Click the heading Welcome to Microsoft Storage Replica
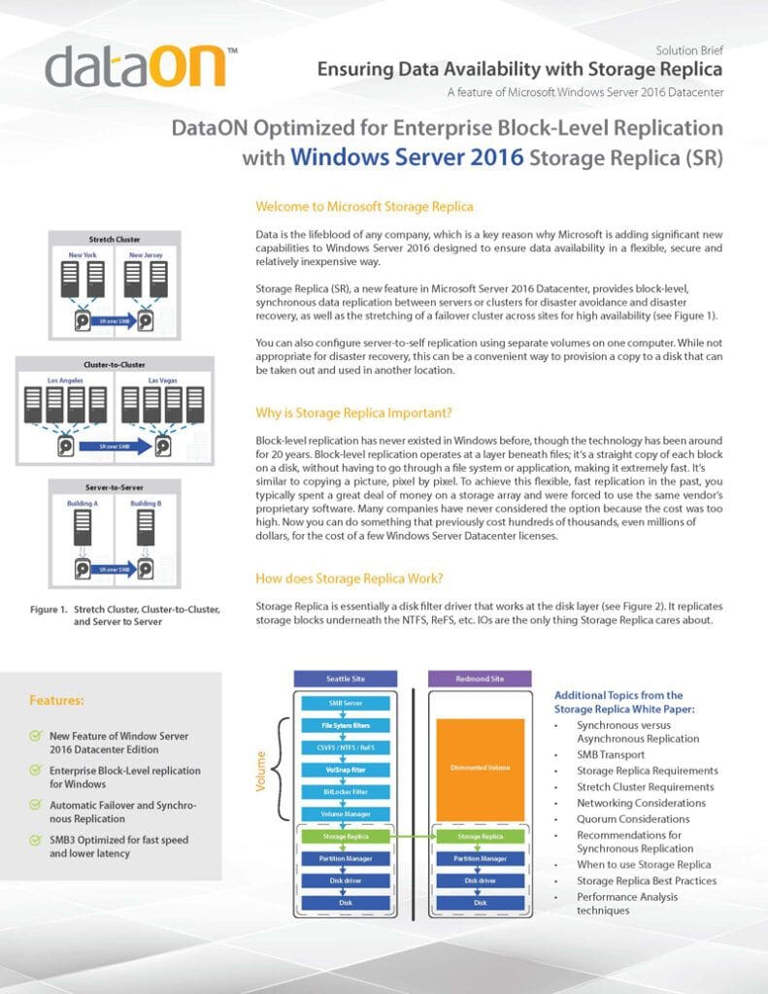(364, 207)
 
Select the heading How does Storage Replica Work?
(350, 579)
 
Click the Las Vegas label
(162, 381)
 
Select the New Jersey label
(146, 255)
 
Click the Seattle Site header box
(345, 679)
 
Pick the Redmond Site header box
(480, 679)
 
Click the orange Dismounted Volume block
(480, 767)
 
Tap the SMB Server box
(345, 702)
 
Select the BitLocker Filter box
(345, 791)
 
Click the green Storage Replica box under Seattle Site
(345, 835)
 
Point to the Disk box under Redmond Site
(480, 902)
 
